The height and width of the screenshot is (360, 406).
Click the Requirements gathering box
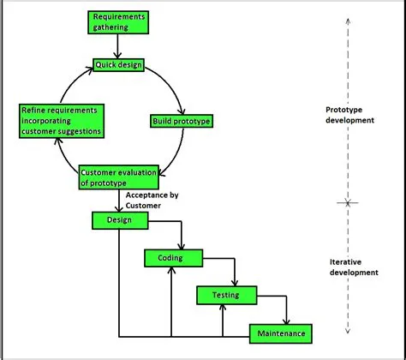119,21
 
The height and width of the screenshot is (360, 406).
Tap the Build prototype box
181,121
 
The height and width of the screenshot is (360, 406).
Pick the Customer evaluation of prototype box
119,177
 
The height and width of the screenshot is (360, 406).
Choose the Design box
119,220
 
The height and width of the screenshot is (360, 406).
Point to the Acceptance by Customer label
152,201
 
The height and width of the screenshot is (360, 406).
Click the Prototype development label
351,115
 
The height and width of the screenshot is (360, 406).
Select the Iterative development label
352,267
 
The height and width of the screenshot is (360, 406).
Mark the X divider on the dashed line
345,203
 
